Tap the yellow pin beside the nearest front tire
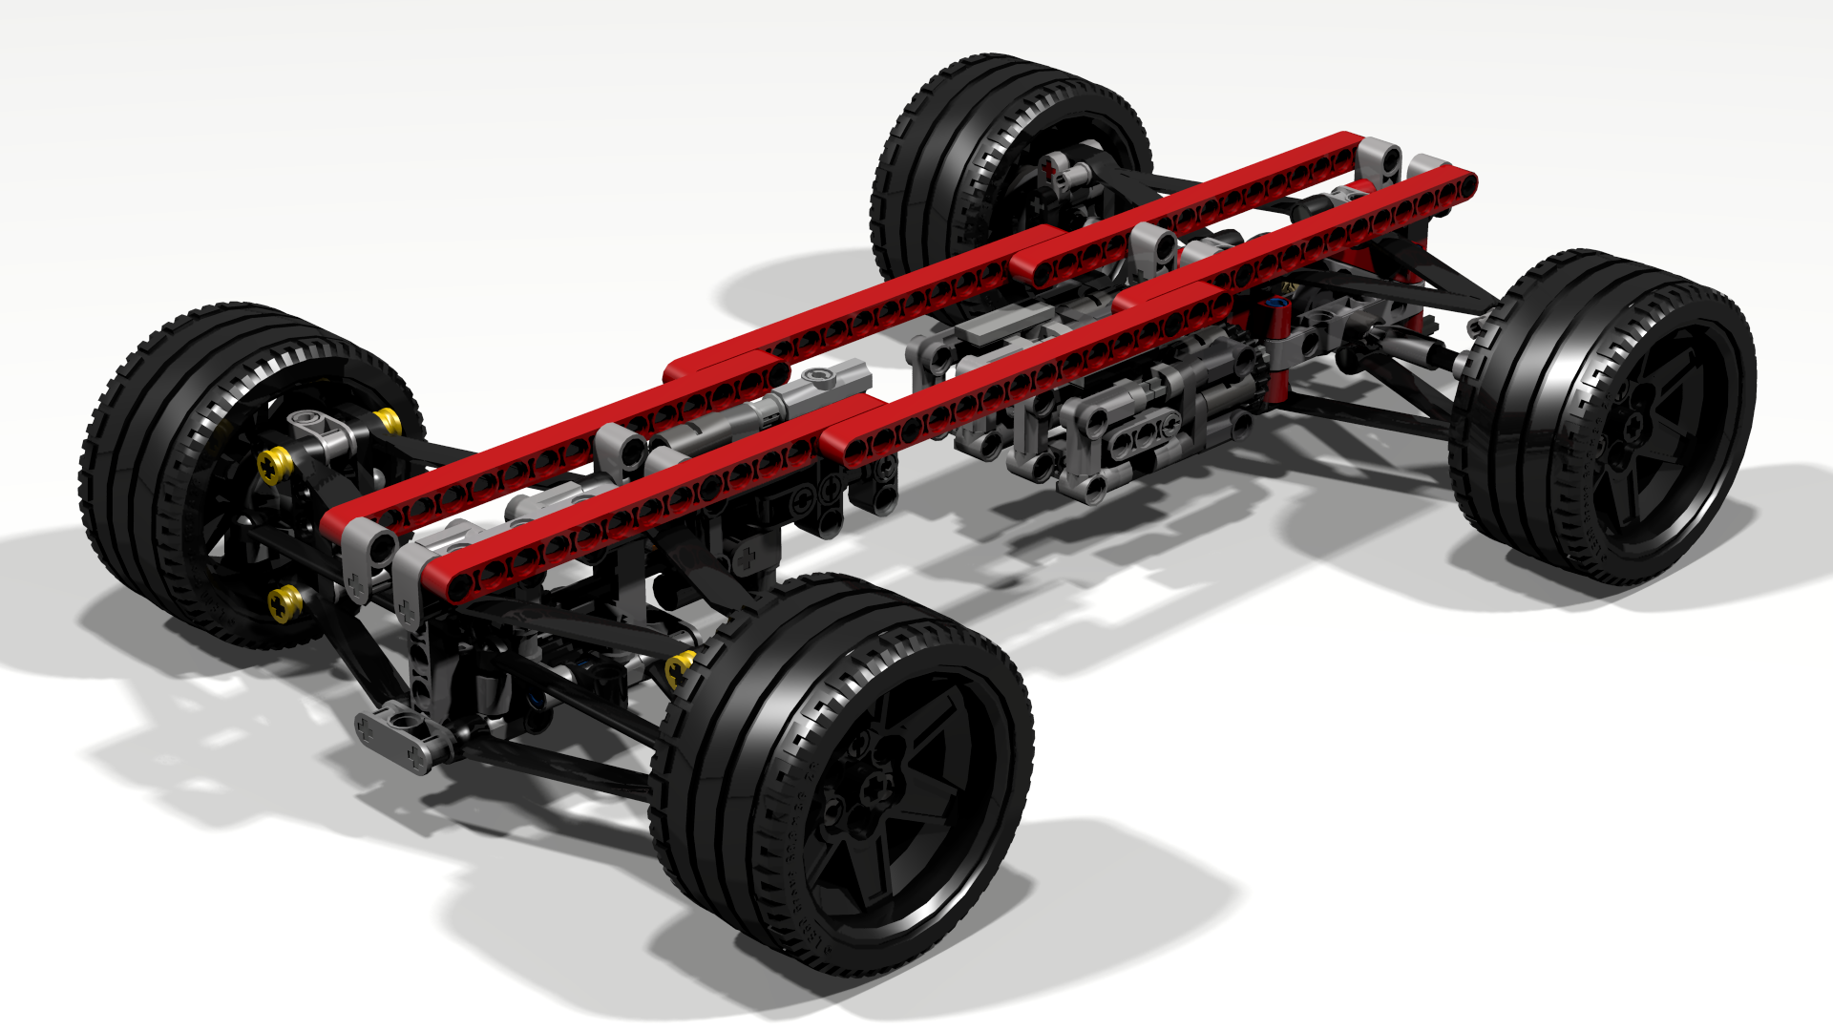(680, 667)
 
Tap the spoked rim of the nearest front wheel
(916, 840)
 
